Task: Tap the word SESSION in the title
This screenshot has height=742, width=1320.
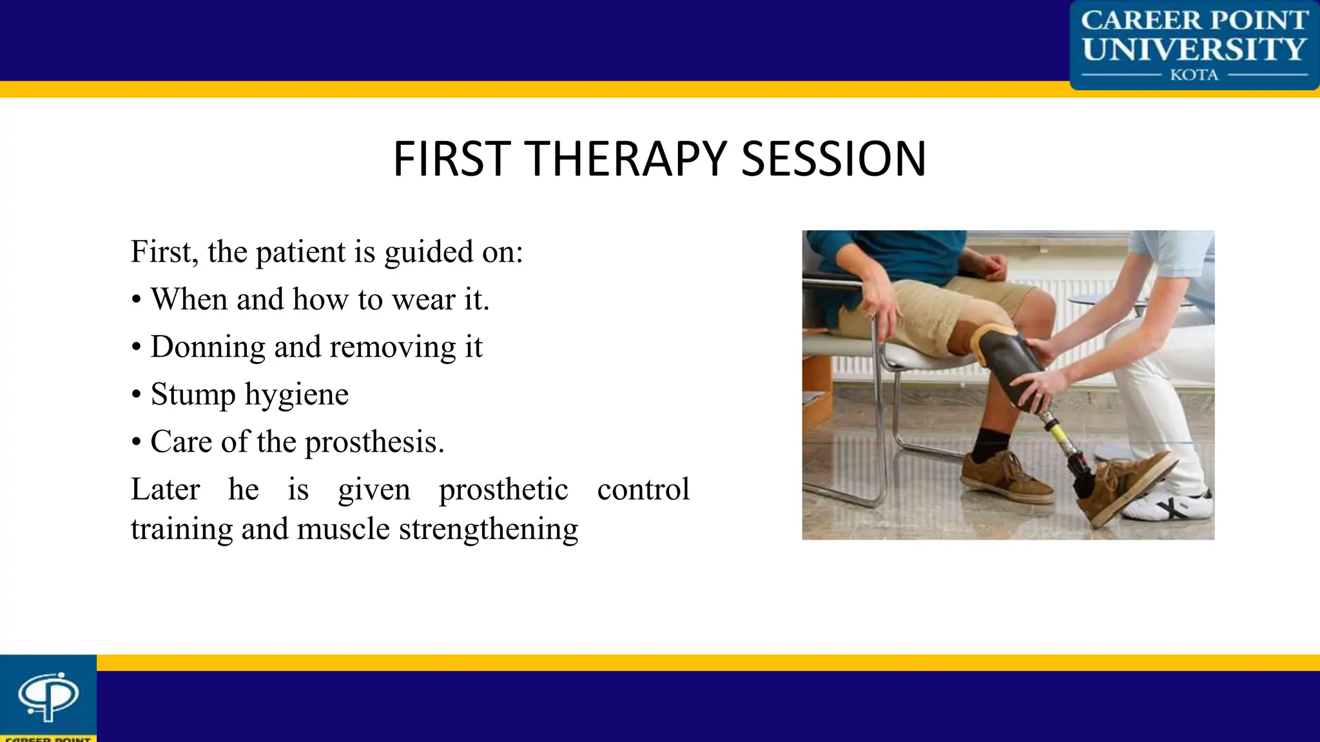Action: coord(833,159)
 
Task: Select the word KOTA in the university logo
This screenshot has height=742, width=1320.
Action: coord(1194,75)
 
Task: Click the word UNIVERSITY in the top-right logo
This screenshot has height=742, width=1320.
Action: coord(1194,49)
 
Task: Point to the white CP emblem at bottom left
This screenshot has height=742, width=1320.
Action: coord(48,696)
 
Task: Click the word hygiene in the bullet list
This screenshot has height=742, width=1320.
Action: coord(297,394)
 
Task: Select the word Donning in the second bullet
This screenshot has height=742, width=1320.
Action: coord(208,347)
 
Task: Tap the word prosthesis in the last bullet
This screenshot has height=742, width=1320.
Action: coord(374,442)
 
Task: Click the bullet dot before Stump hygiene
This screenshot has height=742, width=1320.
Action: coord(136,395)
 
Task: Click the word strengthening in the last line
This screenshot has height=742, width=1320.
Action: coord(488,529)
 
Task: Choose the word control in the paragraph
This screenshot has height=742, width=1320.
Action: coord(643,489)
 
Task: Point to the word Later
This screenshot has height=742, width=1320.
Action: coord(165,489)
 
